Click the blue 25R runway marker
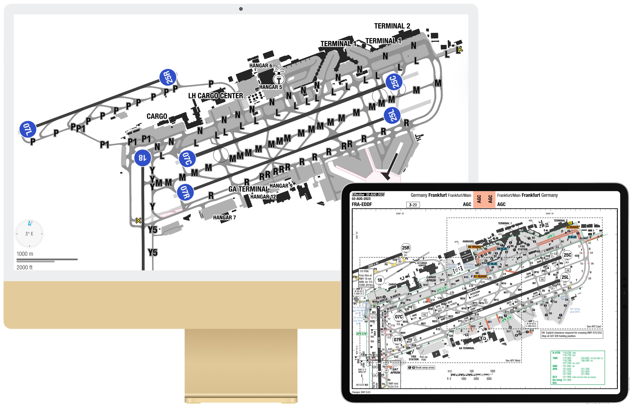[x=168, y=77]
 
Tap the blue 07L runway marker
[x=28, y=129]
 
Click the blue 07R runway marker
[x=185, y=192]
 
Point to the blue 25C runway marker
[x=394, y=81]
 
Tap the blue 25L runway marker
[x=392, y=115]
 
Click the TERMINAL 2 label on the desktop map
[x=392, y=26]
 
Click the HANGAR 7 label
[x=224, y=217]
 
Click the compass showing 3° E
[x=29, y=234]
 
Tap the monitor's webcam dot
[x=241, y=9]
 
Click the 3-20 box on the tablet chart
[x=413, y=205]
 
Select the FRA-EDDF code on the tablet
[x=362, y=204]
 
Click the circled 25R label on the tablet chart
[x=406, y=248]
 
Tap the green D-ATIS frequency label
[x=556, y=353]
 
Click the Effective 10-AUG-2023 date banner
[x=368, y=195]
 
